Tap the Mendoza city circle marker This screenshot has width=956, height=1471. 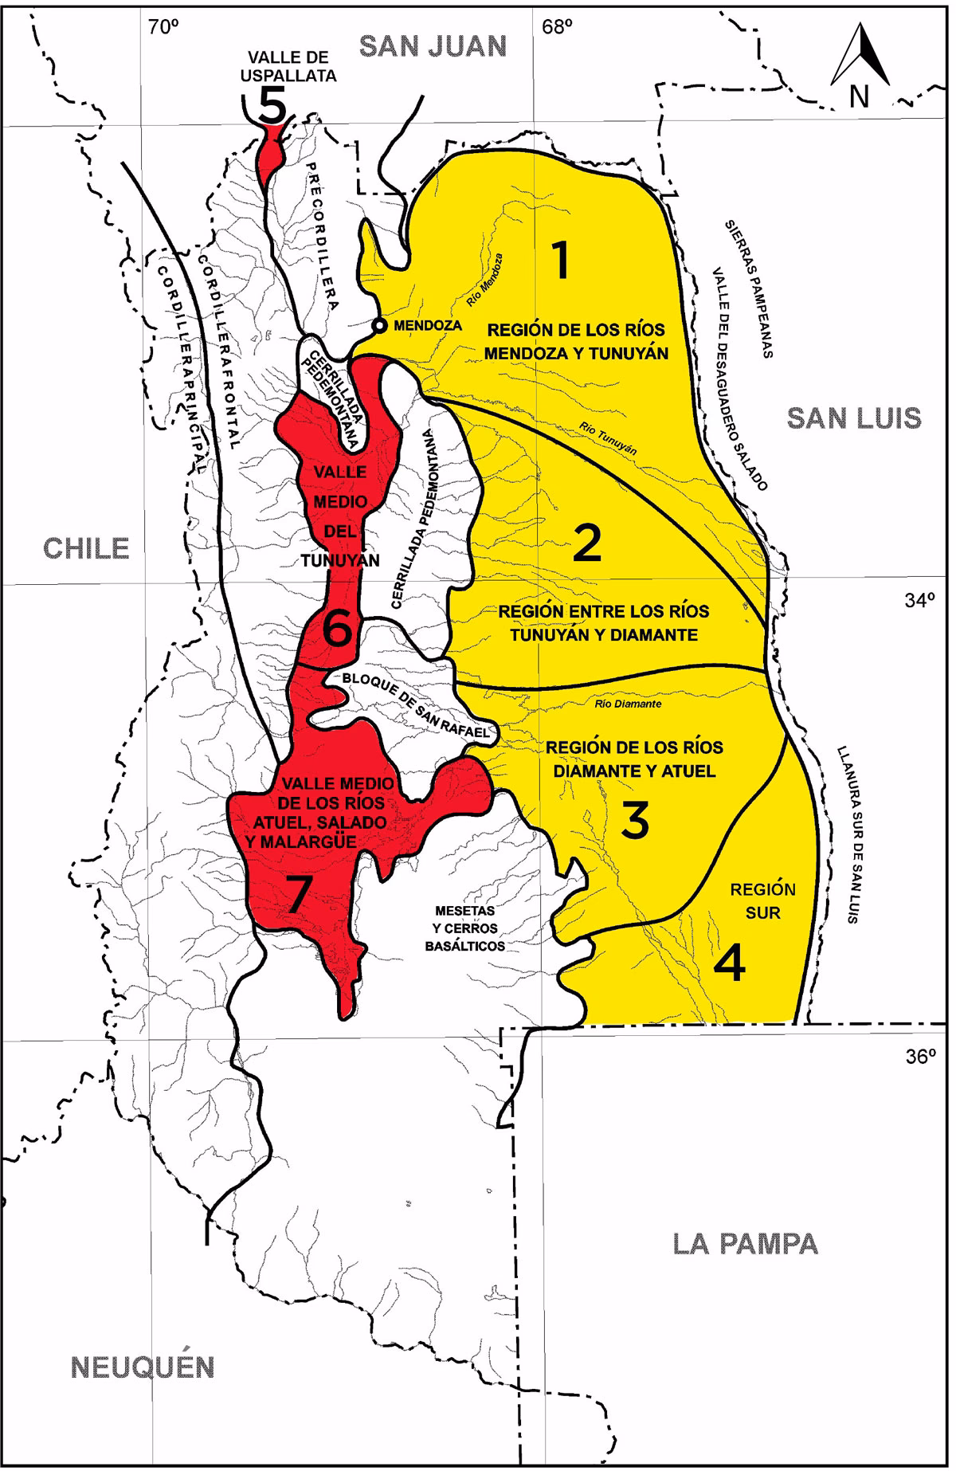pyautogui.click(x=380, y=325)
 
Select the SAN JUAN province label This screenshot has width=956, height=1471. pyautogui.click(x=433, y=46)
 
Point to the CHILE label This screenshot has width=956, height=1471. pyautogui.click(x=86, y=548)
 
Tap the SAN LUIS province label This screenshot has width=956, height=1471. pyautogui.click(x=854, y=418)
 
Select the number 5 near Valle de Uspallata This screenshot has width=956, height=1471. pyautogui.click(x=271, y=104)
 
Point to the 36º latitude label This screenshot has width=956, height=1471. pyautogui.click(x=920, y=1057)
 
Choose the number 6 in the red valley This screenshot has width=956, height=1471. pyautogui.click(x=336, y=631)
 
